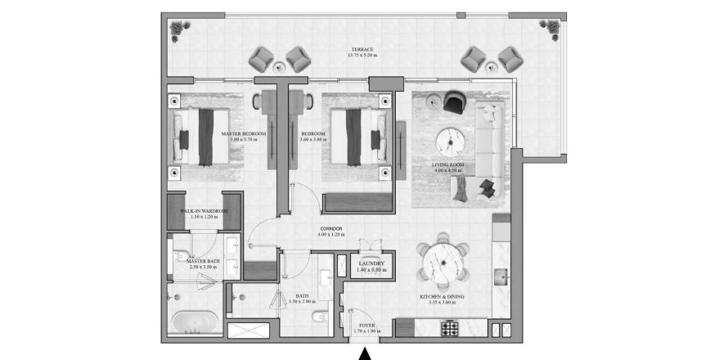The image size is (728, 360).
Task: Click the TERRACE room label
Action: [364, 49]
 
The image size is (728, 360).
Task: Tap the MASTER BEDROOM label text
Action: [243, 133]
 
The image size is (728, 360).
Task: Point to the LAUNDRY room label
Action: [371, 263]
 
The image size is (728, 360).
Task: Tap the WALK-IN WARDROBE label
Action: [204, 211]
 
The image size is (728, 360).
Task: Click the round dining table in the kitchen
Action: [442, 260]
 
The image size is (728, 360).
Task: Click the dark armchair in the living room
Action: [452, 103]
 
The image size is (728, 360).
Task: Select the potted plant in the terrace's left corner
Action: [176, 29]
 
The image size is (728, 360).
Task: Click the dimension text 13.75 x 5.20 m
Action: [364, 57]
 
